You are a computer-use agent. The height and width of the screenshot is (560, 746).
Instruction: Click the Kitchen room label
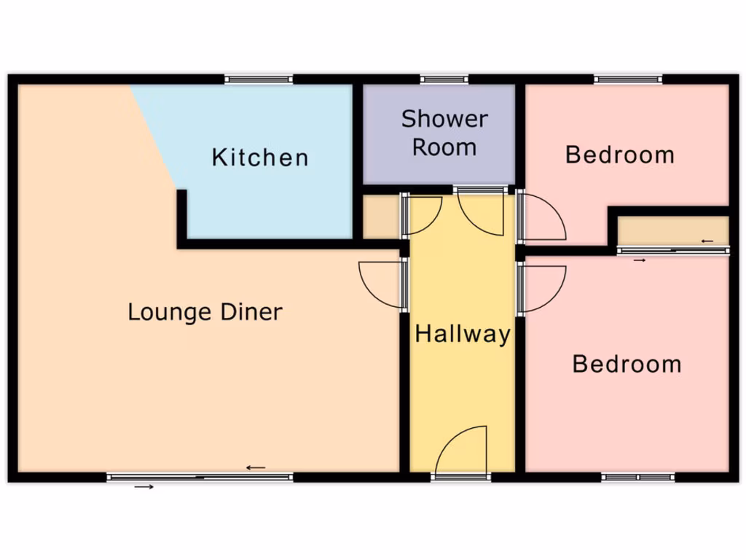pyautogui.click(x=260, y=157)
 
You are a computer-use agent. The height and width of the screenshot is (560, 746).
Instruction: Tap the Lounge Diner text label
pyautogui.click(x=205, y=312)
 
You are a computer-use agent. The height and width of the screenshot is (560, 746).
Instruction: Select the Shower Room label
pyautogui.click(x=444, y=133)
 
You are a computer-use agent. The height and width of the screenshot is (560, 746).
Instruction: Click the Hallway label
pyautogui.click(x=463, y=335)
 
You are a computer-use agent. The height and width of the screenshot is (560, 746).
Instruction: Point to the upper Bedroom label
pyautogui.click(x=620, y=155)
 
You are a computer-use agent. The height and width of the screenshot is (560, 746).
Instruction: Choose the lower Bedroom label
pyautogui.click(x=627, y=363)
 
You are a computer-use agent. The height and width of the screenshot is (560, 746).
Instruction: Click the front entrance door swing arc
pyautogui.click(x=462, y=449)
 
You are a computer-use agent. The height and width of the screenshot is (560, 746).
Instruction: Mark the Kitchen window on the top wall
pyautogui.click(x=259, y=79)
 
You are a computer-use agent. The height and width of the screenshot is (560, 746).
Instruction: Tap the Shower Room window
pyautogui.click(x=444, y=79)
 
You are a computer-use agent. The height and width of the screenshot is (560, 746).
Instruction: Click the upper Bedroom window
pyautogui.click(x=627, y=79)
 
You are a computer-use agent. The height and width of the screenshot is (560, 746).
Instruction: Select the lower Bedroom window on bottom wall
pyautogui.click(x=638, y=478)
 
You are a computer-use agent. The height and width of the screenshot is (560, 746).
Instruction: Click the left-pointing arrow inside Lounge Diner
pyautogui.click(x=256, y=467)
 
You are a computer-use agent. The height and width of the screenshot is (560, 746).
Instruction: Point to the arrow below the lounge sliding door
pyautogui.click(x=144, y=486)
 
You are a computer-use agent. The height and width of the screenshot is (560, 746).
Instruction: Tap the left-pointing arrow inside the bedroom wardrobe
pyautogui.click(x=706, y=241)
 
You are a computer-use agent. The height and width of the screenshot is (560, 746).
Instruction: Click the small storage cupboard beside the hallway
pyautogui.click(x=380, y=217)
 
